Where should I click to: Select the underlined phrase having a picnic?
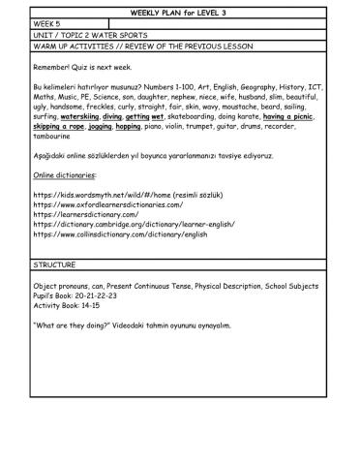288,115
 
